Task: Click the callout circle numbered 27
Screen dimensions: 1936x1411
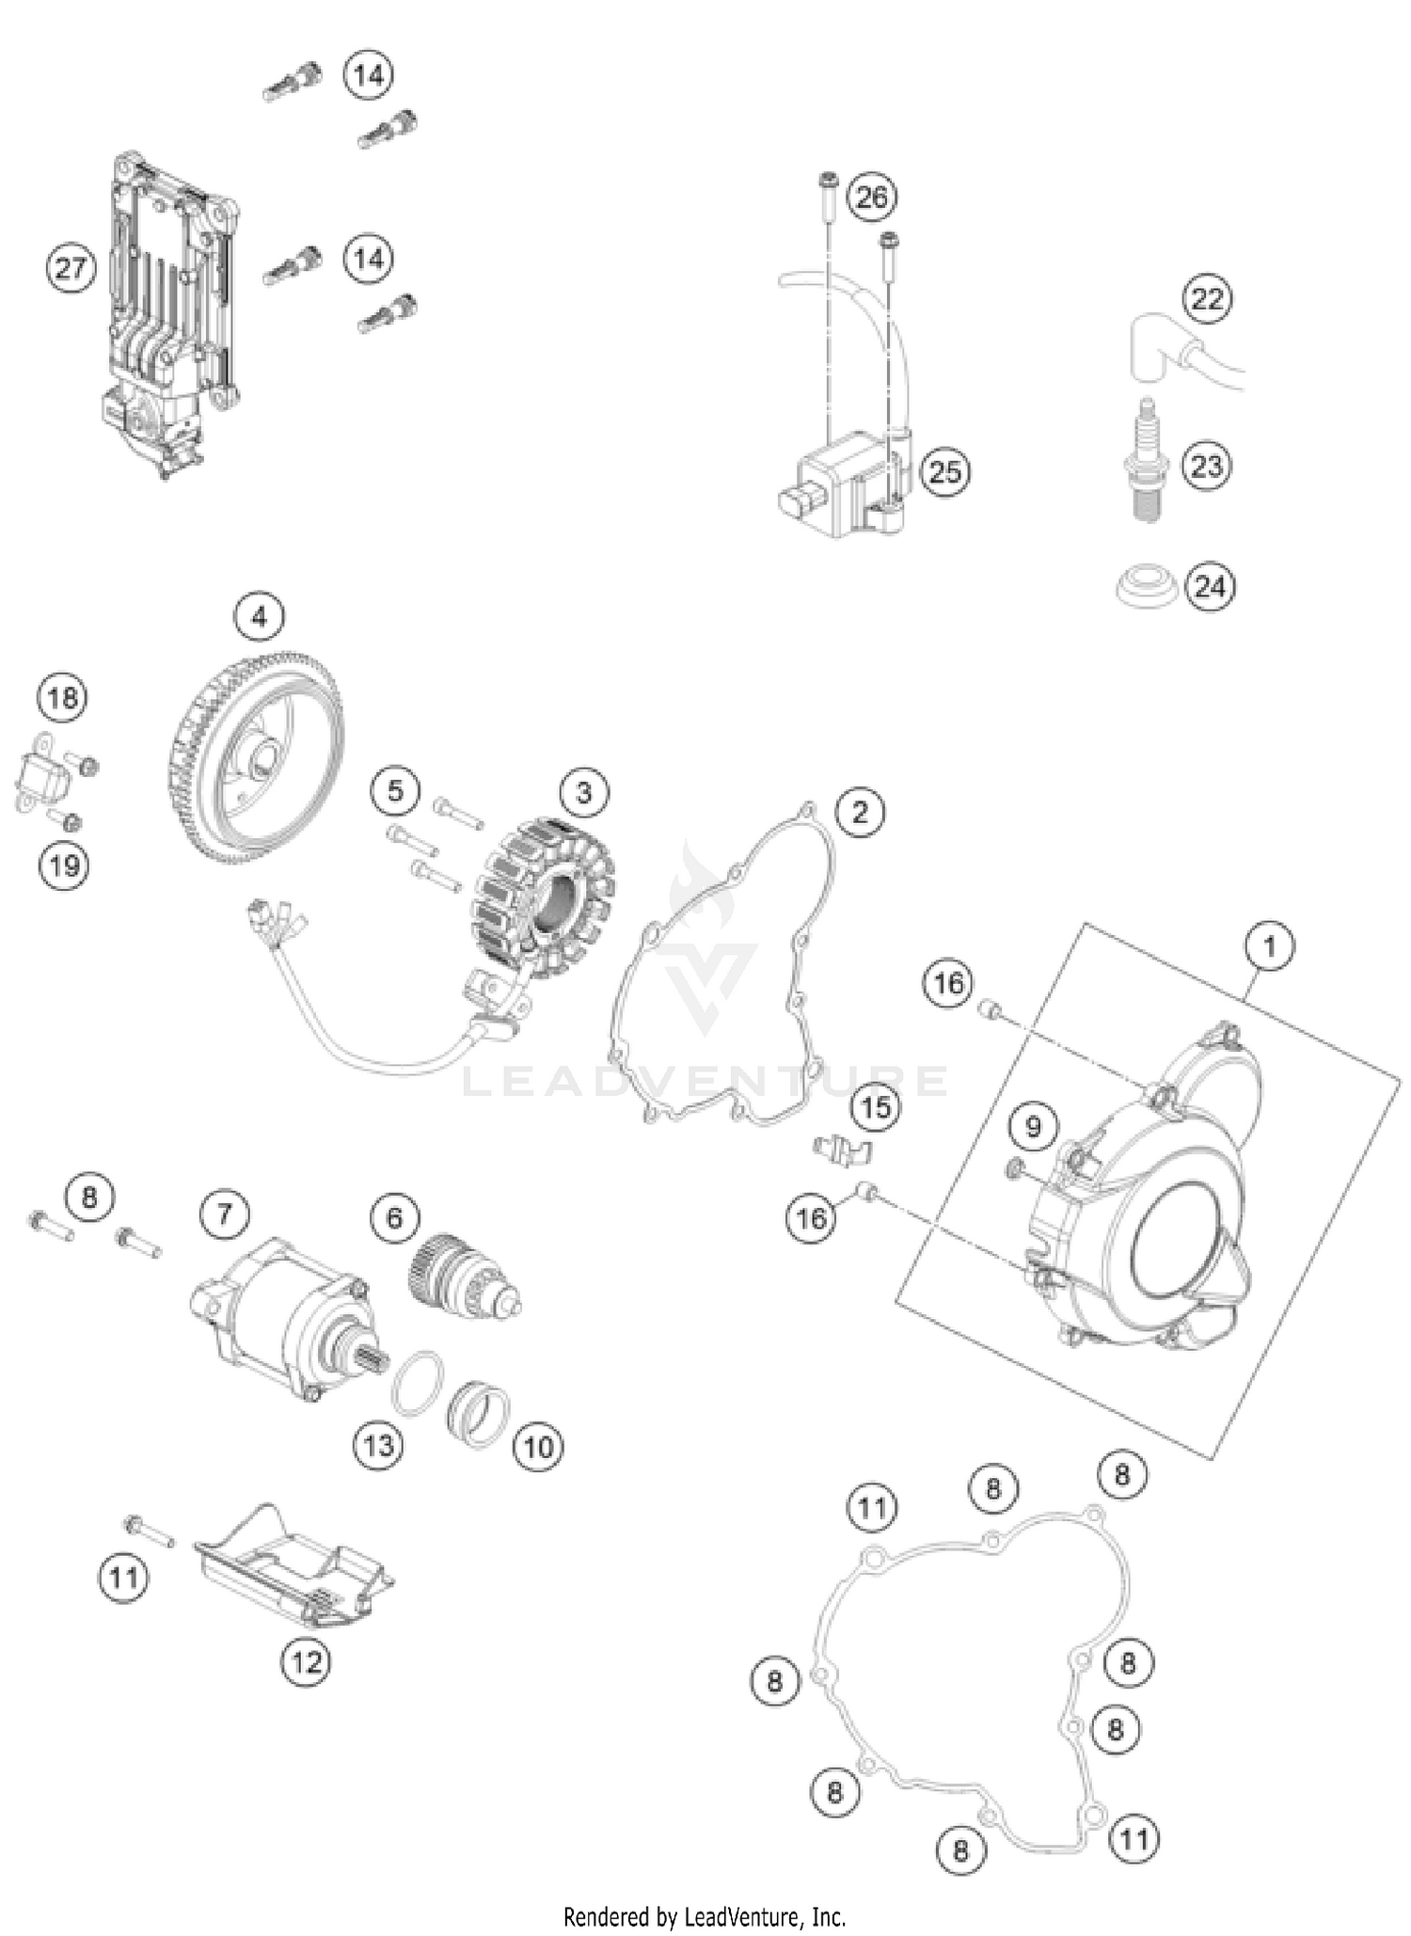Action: click(x=71, y=269)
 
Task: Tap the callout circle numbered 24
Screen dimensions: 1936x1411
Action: click(x=1210, y=587)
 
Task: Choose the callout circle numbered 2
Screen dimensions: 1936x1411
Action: click(x=859, y=811)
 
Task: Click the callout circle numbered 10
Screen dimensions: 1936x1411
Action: click(x=538, y=1446)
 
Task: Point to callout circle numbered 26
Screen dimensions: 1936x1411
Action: click(x=872, y=198)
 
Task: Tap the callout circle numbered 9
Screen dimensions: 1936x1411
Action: click(x=1033, y=1126)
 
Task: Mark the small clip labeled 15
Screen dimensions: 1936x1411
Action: click(x=840, y=1150)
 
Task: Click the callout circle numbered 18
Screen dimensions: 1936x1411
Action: click(x=62, y=698)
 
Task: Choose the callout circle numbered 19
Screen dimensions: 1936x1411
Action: click(x=64, y=865)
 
